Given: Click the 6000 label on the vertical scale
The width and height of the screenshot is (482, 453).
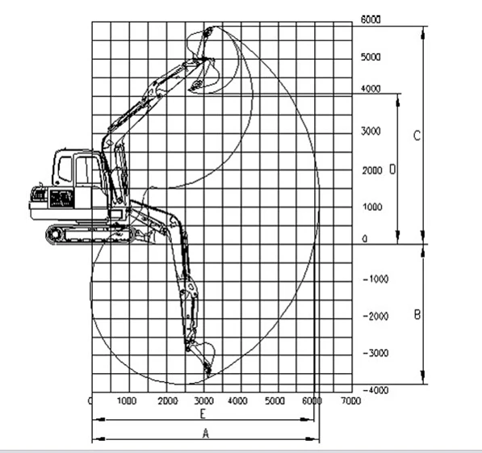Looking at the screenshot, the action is click(371, 19).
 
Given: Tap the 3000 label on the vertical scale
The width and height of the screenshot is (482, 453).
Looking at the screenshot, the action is click(371, 131).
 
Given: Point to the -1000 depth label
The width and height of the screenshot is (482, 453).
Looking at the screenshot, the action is click(375, 279).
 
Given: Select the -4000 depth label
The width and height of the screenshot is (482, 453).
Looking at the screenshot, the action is click(375, 390).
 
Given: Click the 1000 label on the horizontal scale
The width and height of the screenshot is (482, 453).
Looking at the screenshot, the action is click(127, 401).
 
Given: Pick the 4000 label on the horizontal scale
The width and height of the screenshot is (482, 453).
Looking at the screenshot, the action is click(237, 401).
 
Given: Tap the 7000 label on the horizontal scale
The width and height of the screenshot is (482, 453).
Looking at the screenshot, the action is click(350, 401).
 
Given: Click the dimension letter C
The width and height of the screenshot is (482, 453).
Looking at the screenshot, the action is click(417, 136).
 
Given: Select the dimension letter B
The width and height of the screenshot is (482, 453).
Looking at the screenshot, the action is click(417, 315).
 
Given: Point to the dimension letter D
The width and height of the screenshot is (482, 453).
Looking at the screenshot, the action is click(392, 169).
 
